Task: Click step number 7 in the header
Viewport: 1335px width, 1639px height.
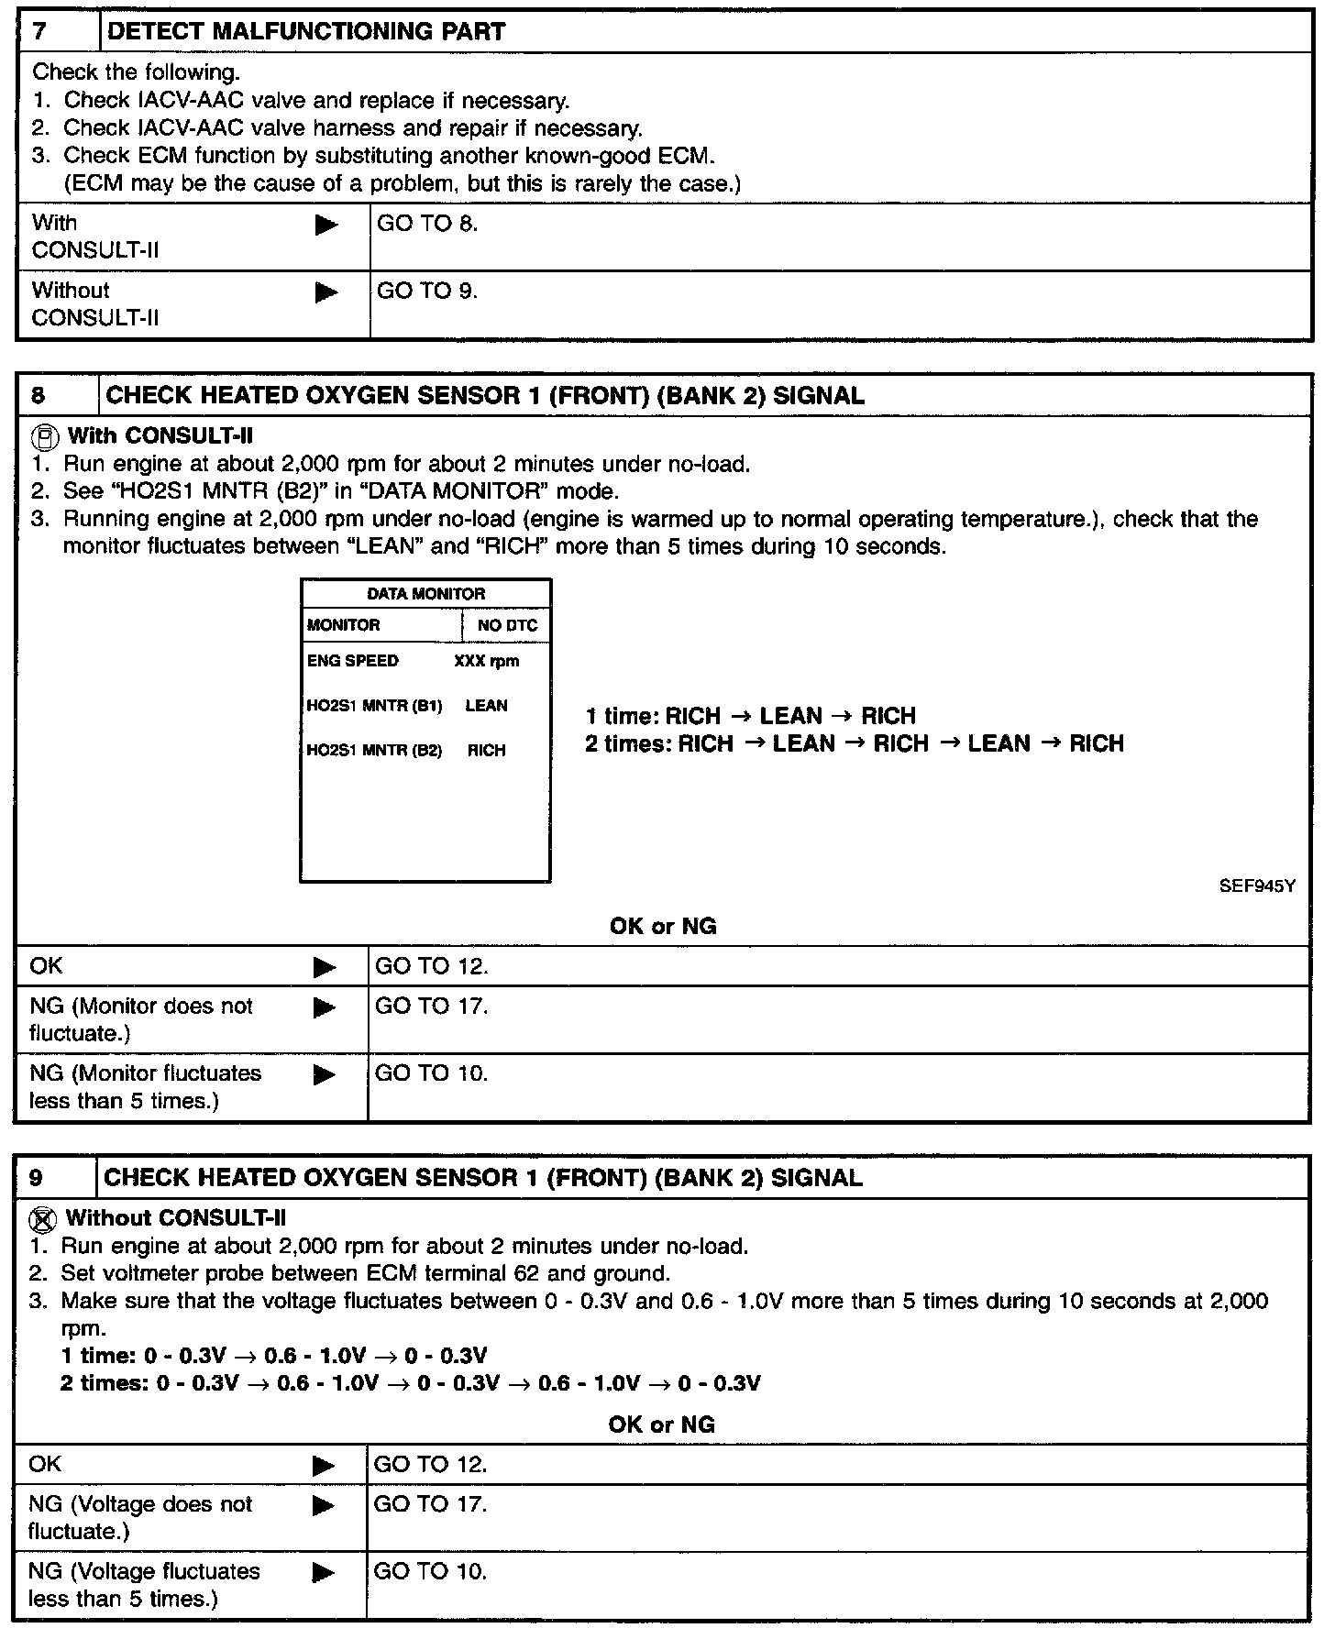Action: coord(39,32)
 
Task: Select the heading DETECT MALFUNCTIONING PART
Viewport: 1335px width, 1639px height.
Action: coord(306,32)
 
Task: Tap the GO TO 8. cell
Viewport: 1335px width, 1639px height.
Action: coord(427,224)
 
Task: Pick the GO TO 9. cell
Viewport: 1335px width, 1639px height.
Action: coord(427,291)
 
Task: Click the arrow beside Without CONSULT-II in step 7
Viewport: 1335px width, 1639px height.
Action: coord(325,292)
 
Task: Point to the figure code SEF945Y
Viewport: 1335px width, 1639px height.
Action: coord(1257,886)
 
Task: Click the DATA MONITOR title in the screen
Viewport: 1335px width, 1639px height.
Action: coord(425,594)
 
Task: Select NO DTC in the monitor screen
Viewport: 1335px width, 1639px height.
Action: coord(507,626)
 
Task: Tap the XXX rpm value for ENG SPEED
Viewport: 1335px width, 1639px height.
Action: coord(486,661)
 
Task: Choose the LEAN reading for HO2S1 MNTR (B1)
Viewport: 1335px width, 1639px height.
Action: coord(486,706)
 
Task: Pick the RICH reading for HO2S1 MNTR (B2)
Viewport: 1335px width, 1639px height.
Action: coord(486,751)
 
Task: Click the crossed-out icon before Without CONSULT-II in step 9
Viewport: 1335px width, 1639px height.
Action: coord(42,1218)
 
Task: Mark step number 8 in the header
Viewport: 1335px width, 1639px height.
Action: coord(38,396)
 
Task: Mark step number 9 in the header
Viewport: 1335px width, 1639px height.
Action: coord(36,1178)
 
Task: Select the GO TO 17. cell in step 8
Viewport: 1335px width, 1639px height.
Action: coord(431,1006)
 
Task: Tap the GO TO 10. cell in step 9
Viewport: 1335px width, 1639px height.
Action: coord(430,1571)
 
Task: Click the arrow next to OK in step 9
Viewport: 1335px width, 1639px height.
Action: coord(324,1466)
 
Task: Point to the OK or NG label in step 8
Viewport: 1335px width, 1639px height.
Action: coord(662,927)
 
